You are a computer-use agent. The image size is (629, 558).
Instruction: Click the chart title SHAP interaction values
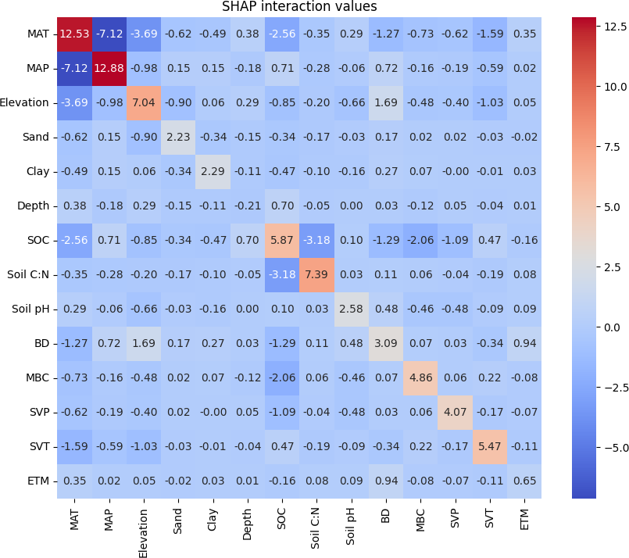coord(311,7)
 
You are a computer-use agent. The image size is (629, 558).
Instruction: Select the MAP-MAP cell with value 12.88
coord(109,68)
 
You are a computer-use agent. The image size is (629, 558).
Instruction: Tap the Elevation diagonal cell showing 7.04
coord(145,102)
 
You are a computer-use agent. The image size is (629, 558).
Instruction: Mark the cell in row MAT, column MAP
coord(109,34)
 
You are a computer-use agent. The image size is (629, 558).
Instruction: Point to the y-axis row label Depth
coord(34,206)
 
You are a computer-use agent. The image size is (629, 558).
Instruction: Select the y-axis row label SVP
coord(38,412)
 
